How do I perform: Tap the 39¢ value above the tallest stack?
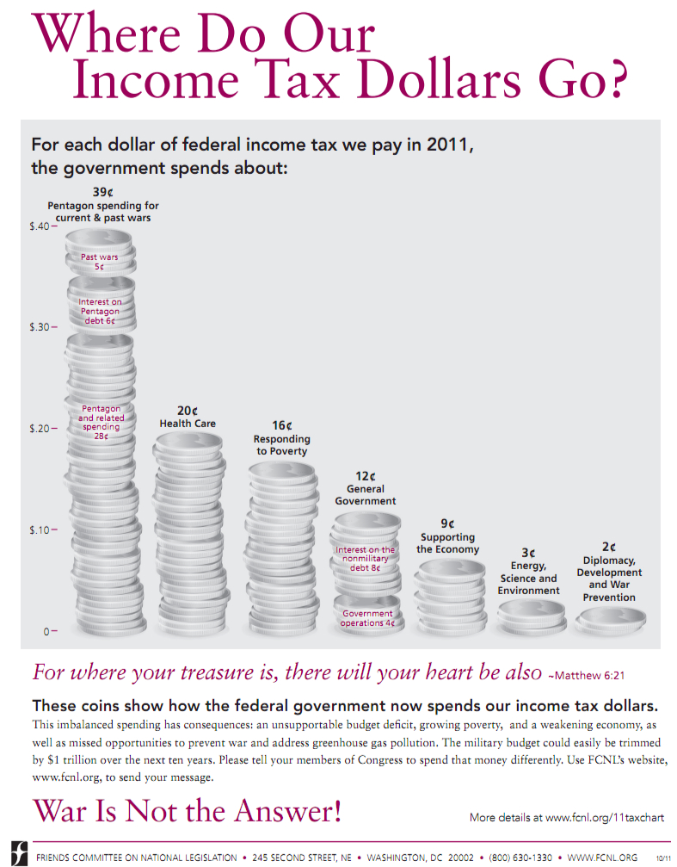(102, 192)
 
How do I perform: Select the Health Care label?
(188, 424)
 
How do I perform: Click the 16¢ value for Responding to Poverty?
(281, 425)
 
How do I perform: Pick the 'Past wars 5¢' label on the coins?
(100, 262)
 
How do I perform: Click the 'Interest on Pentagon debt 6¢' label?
(100, 311)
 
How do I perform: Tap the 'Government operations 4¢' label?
(367, 618)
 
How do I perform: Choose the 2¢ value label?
(609, 546)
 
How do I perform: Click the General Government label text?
(366, 495)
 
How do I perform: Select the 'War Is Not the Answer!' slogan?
(187, 810)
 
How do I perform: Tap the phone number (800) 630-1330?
(520, 857)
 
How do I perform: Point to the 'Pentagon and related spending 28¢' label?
(101, 422)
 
